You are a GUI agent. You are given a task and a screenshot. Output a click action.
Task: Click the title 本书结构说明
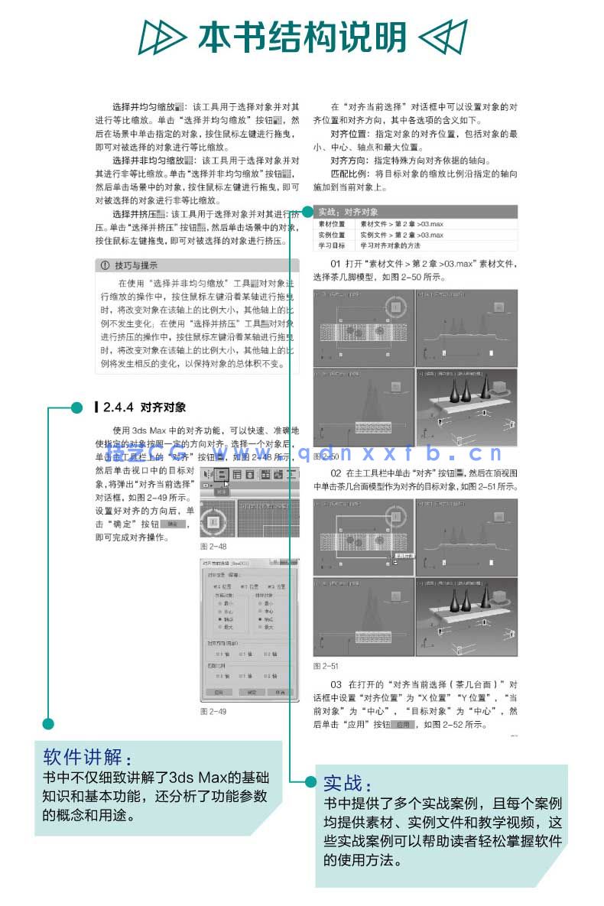click(302, 36)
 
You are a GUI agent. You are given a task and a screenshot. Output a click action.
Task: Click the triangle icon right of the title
click(443, 36)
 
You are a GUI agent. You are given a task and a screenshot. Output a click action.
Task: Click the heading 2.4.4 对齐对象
click(145, 408)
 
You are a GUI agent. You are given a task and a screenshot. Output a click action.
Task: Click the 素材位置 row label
click(332, 225)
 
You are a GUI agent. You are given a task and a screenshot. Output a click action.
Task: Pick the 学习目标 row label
click(332, 246)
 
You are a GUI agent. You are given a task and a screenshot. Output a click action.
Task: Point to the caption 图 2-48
click(213, 547)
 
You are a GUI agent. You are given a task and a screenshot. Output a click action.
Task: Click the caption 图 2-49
click(213, 711)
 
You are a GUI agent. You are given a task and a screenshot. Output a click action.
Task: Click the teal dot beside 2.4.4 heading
click(76, 408)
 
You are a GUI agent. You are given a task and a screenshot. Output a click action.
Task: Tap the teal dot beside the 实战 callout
click(310, 781)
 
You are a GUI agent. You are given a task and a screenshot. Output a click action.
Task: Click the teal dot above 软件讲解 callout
click(48, 723)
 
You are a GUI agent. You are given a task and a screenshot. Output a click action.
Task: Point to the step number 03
click(336, 684)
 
